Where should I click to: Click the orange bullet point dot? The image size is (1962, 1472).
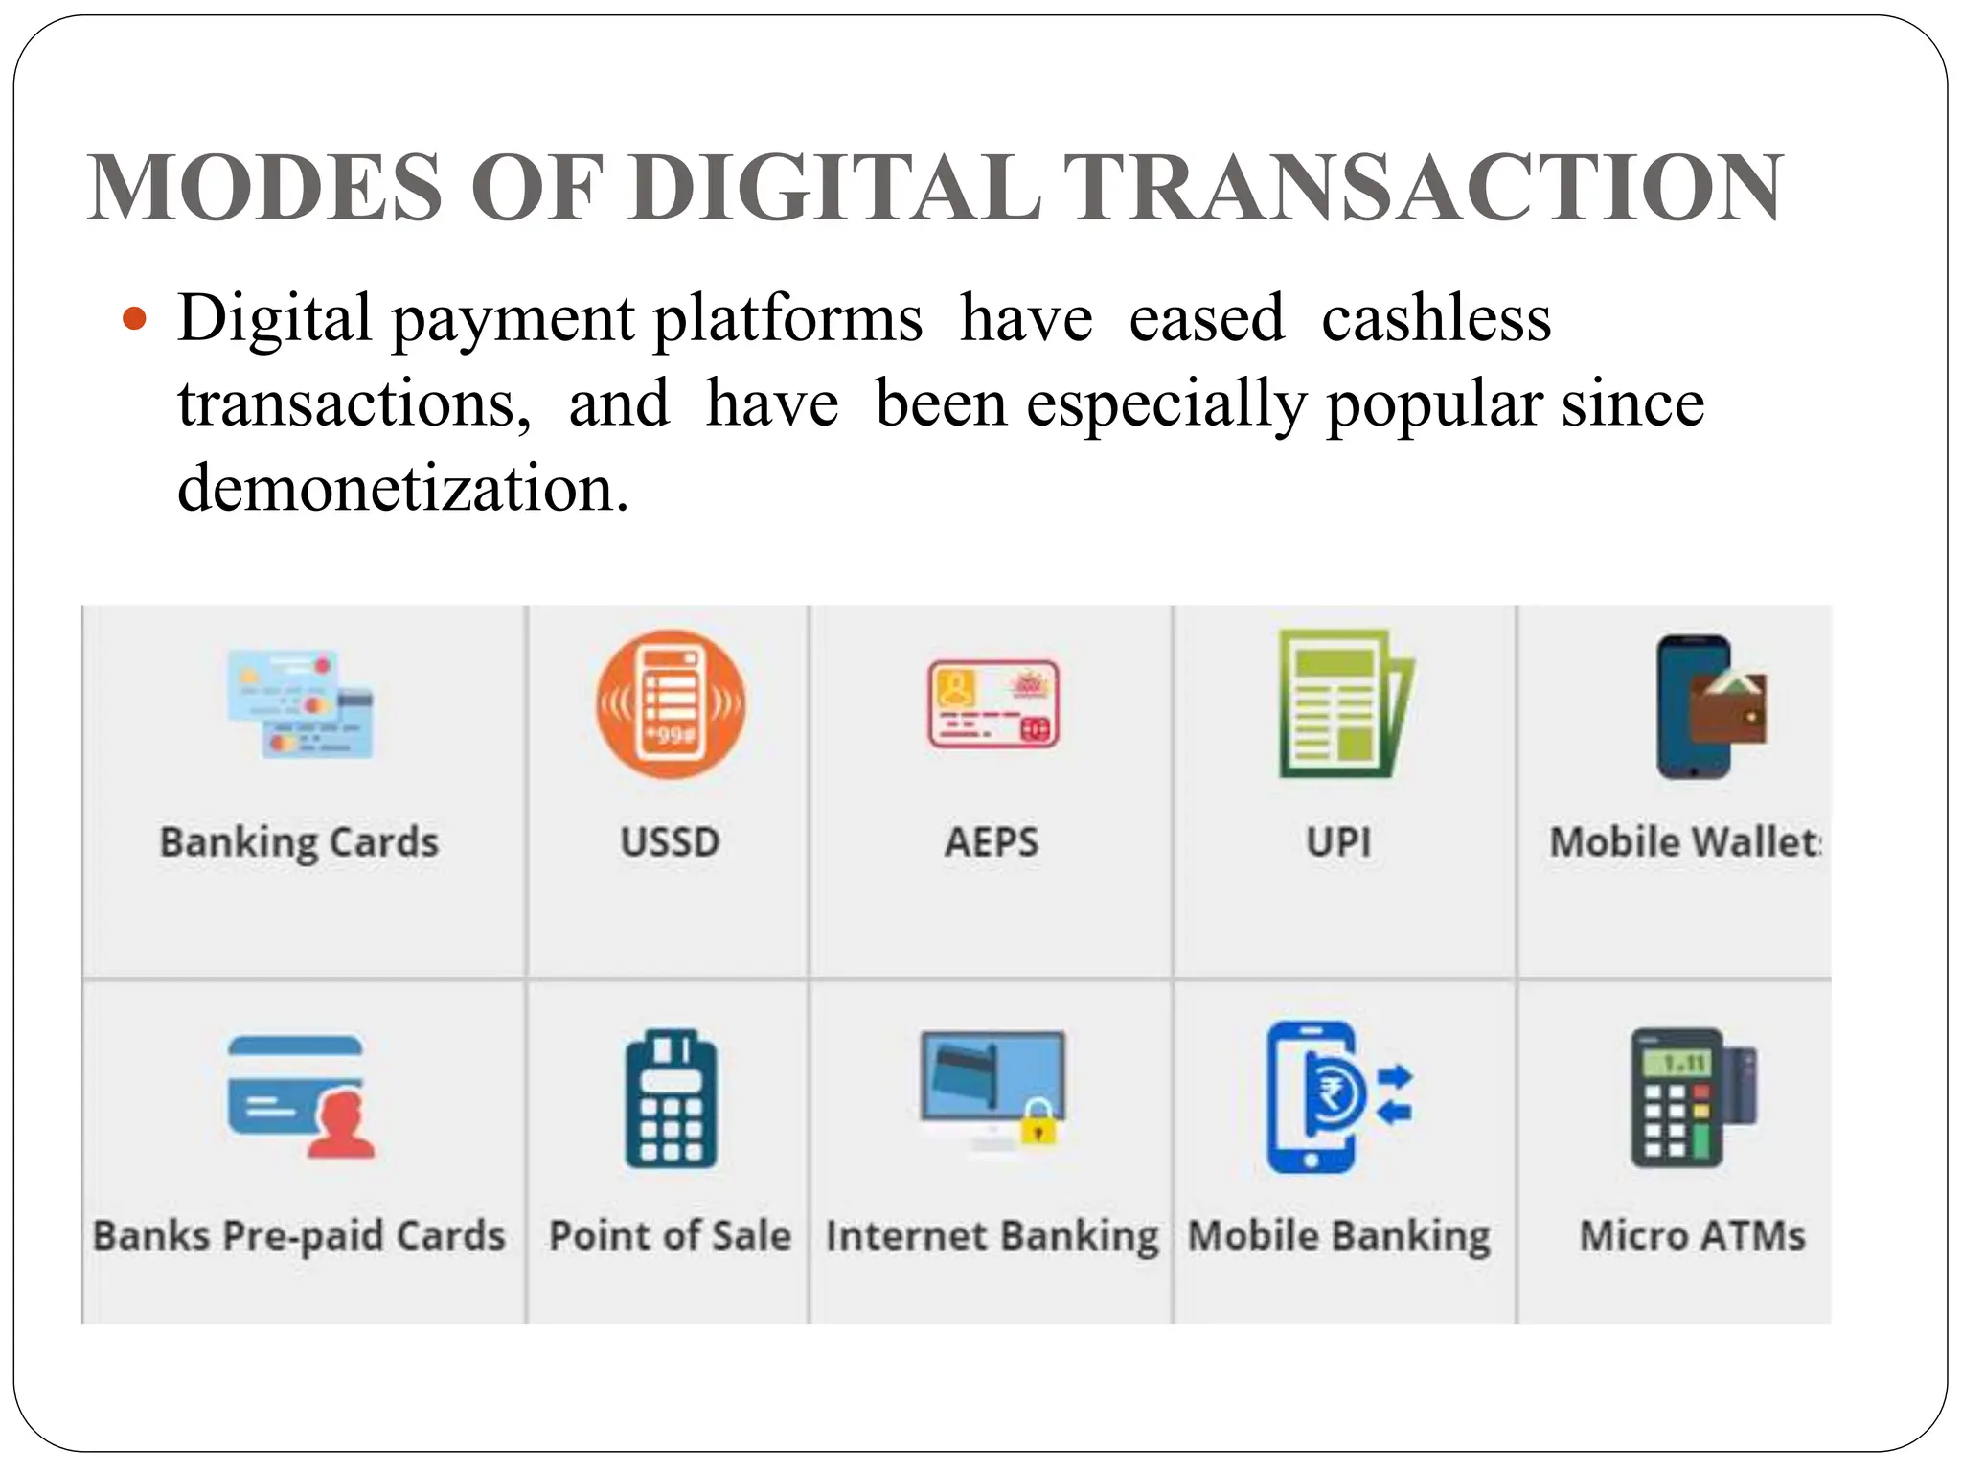[x=135, y=318]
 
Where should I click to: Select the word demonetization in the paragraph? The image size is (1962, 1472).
[x=402, y=489]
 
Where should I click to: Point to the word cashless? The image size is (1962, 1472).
[x=1435, y=318]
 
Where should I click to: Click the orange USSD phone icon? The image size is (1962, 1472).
[x=671, y=704]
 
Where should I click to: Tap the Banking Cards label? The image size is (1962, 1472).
[x=299, y=842]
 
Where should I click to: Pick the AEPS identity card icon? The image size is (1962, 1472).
[x=993, y=704]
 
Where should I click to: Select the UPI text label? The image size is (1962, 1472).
[x=1339, y=842]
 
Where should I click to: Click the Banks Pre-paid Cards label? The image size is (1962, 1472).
[x=299, y=1235]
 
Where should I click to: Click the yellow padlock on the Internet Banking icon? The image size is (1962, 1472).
[x=1038, y=1123]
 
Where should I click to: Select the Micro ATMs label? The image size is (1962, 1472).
[x=1692, y=1235]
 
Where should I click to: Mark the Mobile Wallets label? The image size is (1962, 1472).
[x=1685, y=842]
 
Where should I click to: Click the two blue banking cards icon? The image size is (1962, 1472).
[x=300, y=704]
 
